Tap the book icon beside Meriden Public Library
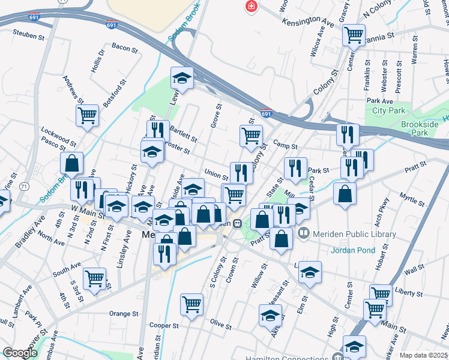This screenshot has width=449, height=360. pyautogui.click(x=304, y=234)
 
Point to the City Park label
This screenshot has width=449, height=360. pyautogui.click(x=388, y=110)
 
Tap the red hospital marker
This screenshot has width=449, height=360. pyautogui.click(x=250, y=6)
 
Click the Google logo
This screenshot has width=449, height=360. pyautogui.click(x=20, y=353)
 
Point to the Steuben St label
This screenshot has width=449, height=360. pyautogui.click(x=29, y=35)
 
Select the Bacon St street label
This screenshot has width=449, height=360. pyautogui.click(x=125, y=47)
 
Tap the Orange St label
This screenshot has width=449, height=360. pyautogui.click(x=124, y=313)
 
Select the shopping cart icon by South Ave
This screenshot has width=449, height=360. pyautogui.click(x=95, y=278)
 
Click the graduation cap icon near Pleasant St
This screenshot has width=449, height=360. pyautogui.click(x=270, y=314)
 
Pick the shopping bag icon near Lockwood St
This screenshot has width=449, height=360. pyautogui.click(x=71, y=163)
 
